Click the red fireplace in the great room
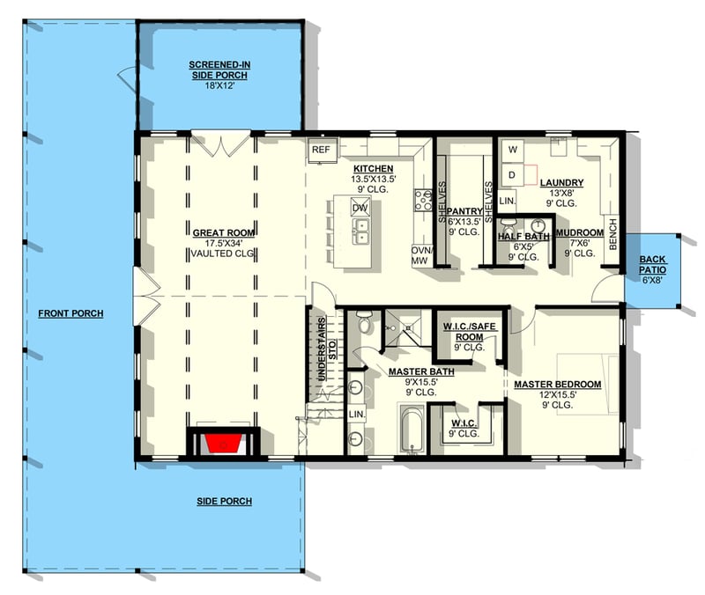point(223,442)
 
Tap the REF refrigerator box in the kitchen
point(321,150)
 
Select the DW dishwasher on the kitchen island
point(359,208)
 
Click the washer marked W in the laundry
point(511,150)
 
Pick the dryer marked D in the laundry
point(511,175)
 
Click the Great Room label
point(223,232)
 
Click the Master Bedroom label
point(558,384)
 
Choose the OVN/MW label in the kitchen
point(420,255)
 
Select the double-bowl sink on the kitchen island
point(360,231)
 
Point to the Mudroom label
point(579,232)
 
